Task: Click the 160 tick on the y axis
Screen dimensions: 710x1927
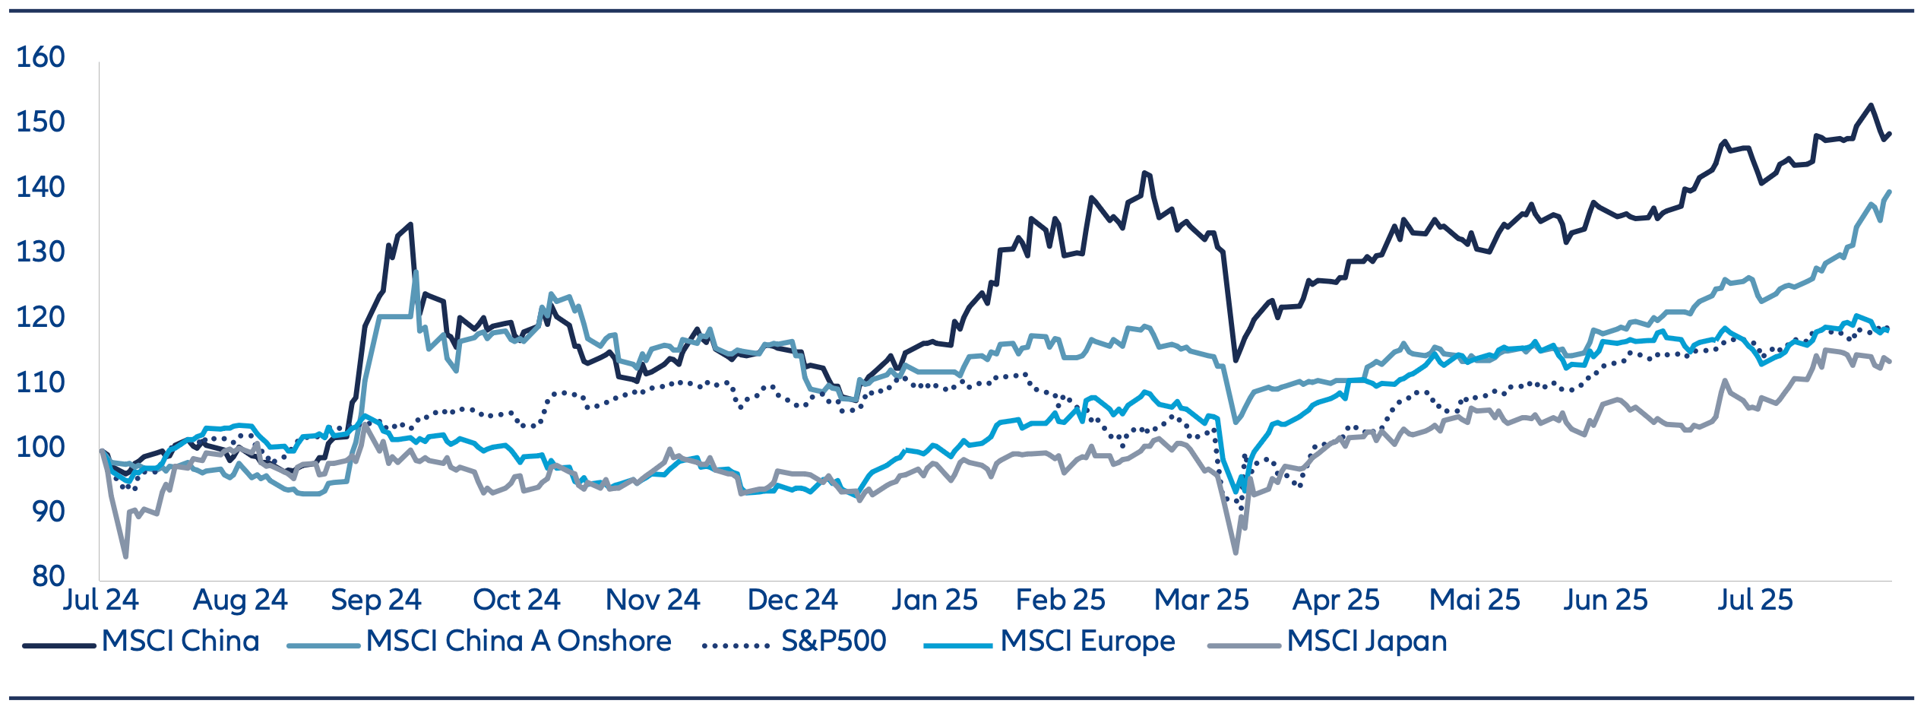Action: pyautogui.click(x=40, y=57)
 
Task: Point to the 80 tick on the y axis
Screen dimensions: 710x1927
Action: pyautogui.click(x=49, y=576)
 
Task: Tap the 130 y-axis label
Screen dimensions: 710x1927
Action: pyautogui.click(x=40, y=252)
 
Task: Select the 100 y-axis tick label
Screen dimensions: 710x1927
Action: pyautogui.click(x=40, y=446)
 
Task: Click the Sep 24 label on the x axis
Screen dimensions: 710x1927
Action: pyautogui.click(x=375, y=600)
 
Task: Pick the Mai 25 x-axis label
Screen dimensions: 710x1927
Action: pyautogui.click(x=1474, y=600)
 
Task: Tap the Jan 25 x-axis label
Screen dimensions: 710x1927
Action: pyautogui.click(x=934, y=600)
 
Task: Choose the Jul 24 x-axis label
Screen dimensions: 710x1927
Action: pyautogui.click(x=100, y=600)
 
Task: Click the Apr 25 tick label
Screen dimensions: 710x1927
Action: pyautogui.click(x=1336, y=600)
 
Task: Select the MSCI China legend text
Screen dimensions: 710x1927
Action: pyautogui.click(x=181, y=641)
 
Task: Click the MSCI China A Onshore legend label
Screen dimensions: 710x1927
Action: pyautogui.click(x=518, y=641)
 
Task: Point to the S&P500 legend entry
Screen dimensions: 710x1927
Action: pyautogui.click(x=834, y=641)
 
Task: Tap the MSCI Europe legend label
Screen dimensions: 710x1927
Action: pyautogui.click(x=1087, y=641)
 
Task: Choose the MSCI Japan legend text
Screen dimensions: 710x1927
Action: pyautogui.click(x=1366, y=641)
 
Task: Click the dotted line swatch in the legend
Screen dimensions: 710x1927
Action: pyautogui.click(x=736, y=645)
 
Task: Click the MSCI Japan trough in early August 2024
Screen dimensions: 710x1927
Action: pyautogui.click(x=125, y=556)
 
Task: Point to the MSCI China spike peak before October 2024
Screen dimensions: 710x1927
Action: pyautogui.click(x=410, y=224)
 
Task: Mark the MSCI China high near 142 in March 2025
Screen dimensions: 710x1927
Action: pyautogui.click(x=1144, y=173)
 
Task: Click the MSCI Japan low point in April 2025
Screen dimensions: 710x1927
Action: pyautogui.click(x=1236, y=553)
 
